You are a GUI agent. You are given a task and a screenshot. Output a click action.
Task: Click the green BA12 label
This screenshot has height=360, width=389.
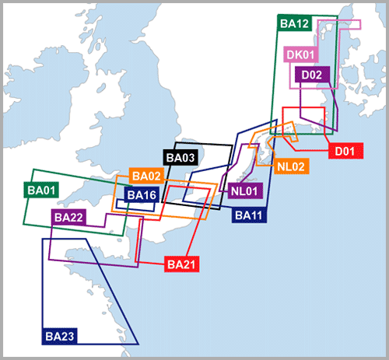(294, 23)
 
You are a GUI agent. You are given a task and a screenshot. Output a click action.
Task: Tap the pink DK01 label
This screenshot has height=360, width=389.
(301, 54)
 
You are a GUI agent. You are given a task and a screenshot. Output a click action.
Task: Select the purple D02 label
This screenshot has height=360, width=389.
(312, 75)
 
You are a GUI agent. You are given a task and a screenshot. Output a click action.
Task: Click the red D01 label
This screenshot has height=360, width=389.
(345, 151)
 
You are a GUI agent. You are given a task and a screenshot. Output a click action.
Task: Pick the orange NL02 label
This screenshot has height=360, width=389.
(291, 166)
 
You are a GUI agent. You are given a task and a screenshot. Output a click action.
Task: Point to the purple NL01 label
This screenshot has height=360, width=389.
(245, 191)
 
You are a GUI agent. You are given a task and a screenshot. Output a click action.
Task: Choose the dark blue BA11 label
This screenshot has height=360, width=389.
(249, 215)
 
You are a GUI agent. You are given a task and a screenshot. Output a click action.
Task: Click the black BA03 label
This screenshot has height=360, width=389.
(180, 158)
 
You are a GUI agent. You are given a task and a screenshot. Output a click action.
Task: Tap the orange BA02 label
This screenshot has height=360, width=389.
(146, 176)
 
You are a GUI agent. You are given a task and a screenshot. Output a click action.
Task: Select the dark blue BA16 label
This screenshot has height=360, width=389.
(142, 195)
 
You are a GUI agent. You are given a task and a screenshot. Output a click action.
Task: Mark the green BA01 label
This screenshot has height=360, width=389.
(41, 190)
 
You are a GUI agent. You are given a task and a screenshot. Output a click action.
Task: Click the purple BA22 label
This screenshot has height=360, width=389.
(69, 218)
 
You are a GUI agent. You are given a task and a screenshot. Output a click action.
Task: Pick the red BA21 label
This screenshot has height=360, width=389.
(181, 264)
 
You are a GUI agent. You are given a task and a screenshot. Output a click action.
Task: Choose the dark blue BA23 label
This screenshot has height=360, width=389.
(60, 336)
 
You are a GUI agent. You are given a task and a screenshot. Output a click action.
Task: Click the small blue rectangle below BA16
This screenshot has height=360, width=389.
(135, 205)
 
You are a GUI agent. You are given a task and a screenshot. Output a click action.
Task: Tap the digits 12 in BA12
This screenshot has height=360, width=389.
(303, 23)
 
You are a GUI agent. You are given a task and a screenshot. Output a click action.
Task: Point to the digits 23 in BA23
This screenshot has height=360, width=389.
(68, 337)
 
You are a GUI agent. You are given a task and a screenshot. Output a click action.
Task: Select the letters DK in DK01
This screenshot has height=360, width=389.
(293, 54)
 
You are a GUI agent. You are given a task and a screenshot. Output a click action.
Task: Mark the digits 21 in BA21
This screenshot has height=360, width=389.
(189, 264)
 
